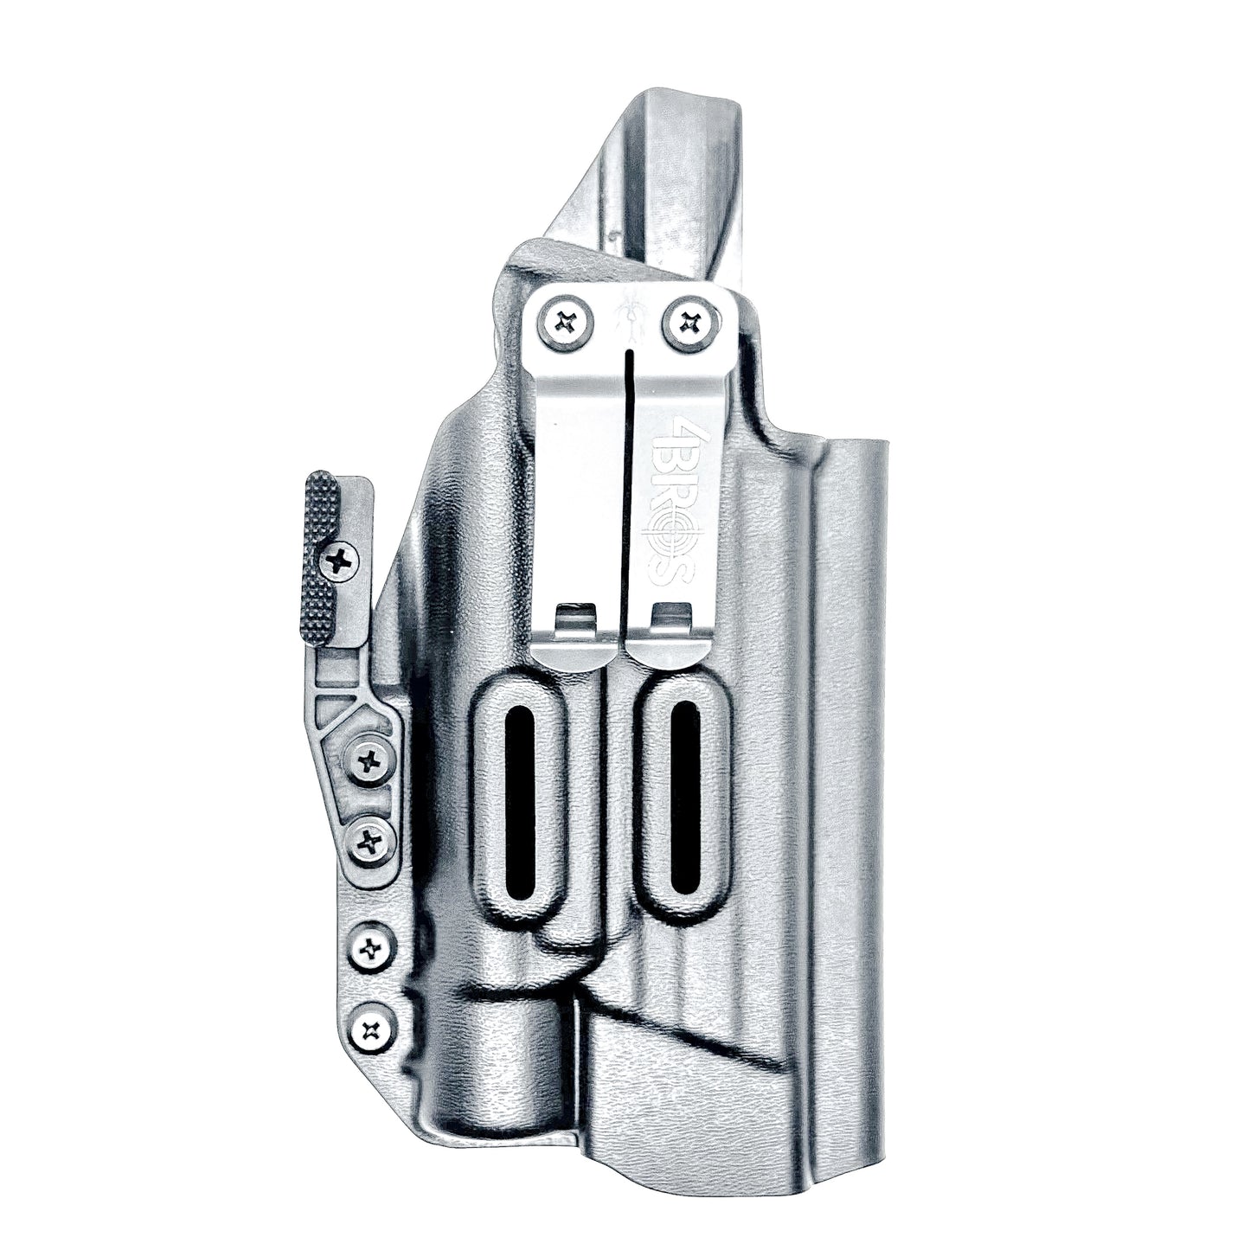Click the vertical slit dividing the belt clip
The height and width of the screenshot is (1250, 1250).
[x=626, y=494]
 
